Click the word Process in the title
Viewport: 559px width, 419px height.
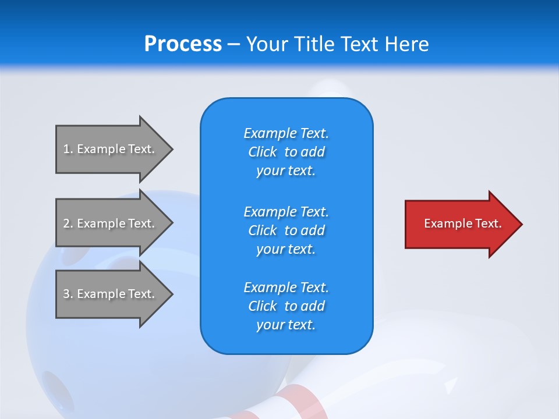(183, 44)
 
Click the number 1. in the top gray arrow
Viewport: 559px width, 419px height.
(68, 149)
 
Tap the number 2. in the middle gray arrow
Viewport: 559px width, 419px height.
(68, 223)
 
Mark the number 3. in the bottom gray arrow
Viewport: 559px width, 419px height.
(68, 294)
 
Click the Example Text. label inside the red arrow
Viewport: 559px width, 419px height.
(462, 223)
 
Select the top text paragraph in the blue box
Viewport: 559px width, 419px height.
(286, 152)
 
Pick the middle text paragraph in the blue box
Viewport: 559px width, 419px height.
(286, 230)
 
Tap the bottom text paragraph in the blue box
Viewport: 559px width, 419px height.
(286, 306)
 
